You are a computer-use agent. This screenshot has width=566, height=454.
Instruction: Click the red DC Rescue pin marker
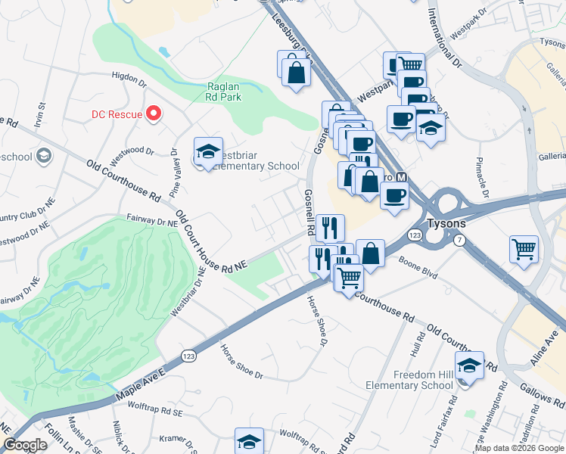click(x=154, y=113)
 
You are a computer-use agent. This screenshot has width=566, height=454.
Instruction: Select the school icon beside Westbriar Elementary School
click(x=207, y=152)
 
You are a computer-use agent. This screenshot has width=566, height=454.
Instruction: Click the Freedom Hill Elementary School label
click(x=413, y=380)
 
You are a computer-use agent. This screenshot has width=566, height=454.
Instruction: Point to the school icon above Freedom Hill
click(x=469, y=365)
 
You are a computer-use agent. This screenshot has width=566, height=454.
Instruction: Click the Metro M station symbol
click(x=403, y=177)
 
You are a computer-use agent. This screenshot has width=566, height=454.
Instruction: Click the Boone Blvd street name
click(x=418, y=271)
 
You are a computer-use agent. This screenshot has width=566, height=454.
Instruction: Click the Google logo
click(x=26, y=445)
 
